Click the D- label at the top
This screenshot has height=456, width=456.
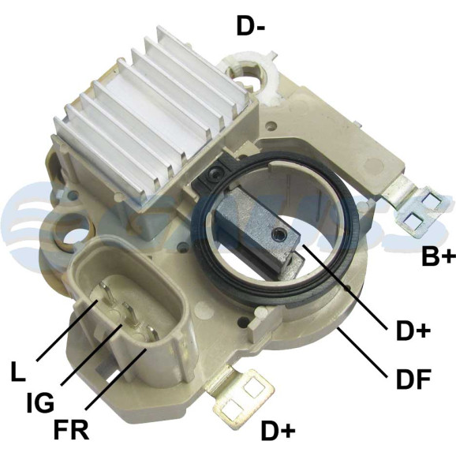tap(250, 26)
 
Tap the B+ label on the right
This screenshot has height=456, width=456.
tap(439, 256)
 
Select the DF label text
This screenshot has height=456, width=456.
tap(413, 379)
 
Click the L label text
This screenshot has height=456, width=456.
tap(18, 371)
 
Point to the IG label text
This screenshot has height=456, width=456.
tap(40, 402)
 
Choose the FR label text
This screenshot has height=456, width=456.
tap(71, 429)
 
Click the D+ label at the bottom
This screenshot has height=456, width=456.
tap(278, 431)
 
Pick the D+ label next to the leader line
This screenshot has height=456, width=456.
tap(413, 331)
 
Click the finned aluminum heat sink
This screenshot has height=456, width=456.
tap(153, 116)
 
